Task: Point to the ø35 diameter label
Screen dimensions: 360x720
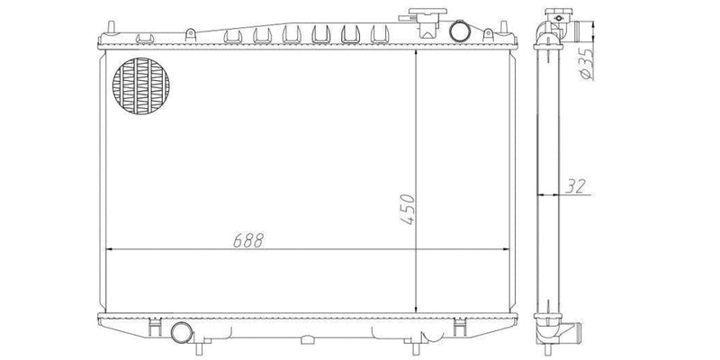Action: (585, 65)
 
